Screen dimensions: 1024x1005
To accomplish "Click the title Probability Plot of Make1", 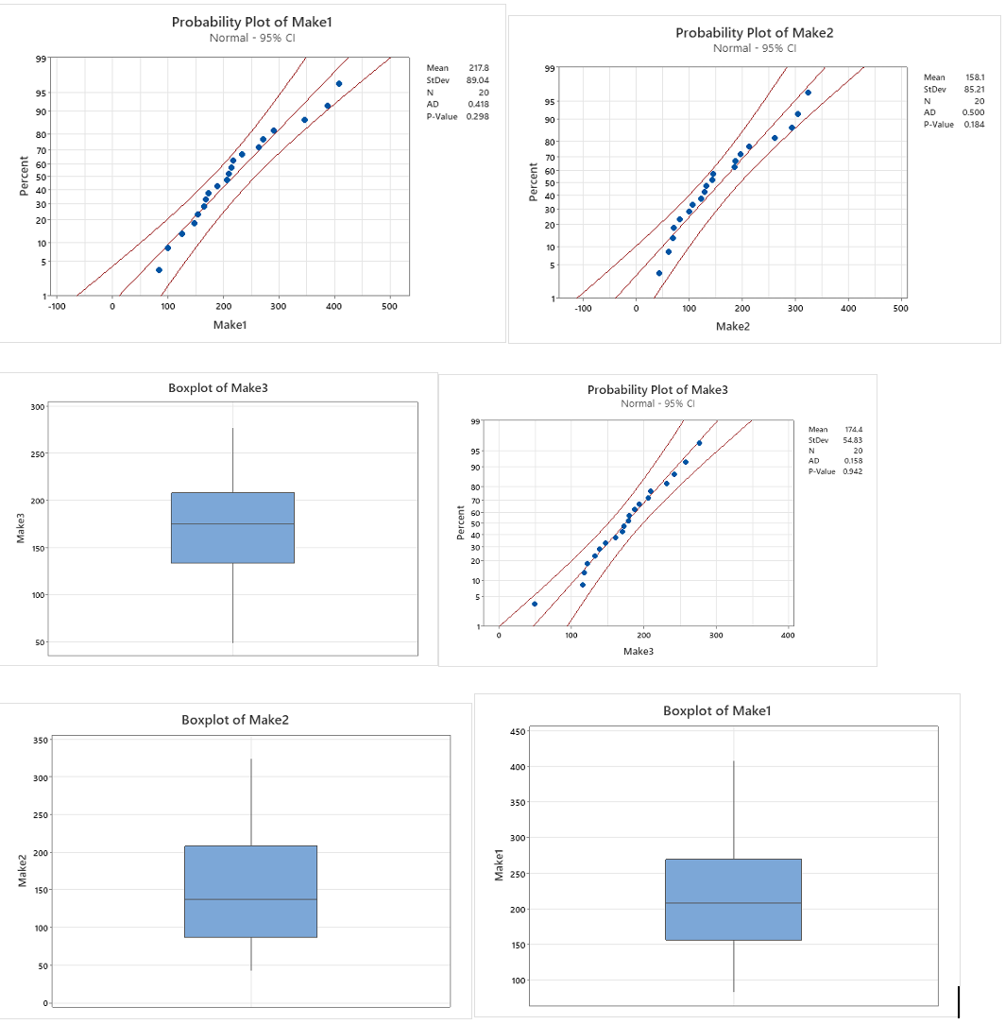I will pos(251,22).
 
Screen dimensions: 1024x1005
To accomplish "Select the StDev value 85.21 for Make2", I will pos(971,89).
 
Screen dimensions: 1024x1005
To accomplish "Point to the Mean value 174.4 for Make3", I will pos(852,430).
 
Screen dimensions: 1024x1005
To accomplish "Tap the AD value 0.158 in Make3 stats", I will pos(852,461).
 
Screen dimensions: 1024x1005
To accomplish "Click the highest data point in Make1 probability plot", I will pos(339,84).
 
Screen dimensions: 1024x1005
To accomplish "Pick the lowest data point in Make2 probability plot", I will pos(659,273).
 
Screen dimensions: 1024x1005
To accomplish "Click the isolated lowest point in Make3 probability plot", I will pos(535,604).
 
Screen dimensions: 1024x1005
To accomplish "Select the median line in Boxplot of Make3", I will pos(232,524).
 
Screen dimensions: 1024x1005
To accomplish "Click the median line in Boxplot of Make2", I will pos(250,899).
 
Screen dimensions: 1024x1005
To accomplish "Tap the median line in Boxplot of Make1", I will pos(733,903).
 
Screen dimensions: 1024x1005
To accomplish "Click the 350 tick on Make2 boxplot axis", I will pos(41,740).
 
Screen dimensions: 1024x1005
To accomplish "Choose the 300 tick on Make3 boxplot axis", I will pos(37,407).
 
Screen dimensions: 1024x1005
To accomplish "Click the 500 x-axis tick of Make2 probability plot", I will pos(899,308).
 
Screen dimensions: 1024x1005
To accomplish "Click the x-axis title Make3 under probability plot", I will pos(639,652).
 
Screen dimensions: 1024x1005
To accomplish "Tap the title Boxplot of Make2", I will pos(235,720).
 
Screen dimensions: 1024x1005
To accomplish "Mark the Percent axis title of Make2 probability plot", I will pos(534,182).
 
